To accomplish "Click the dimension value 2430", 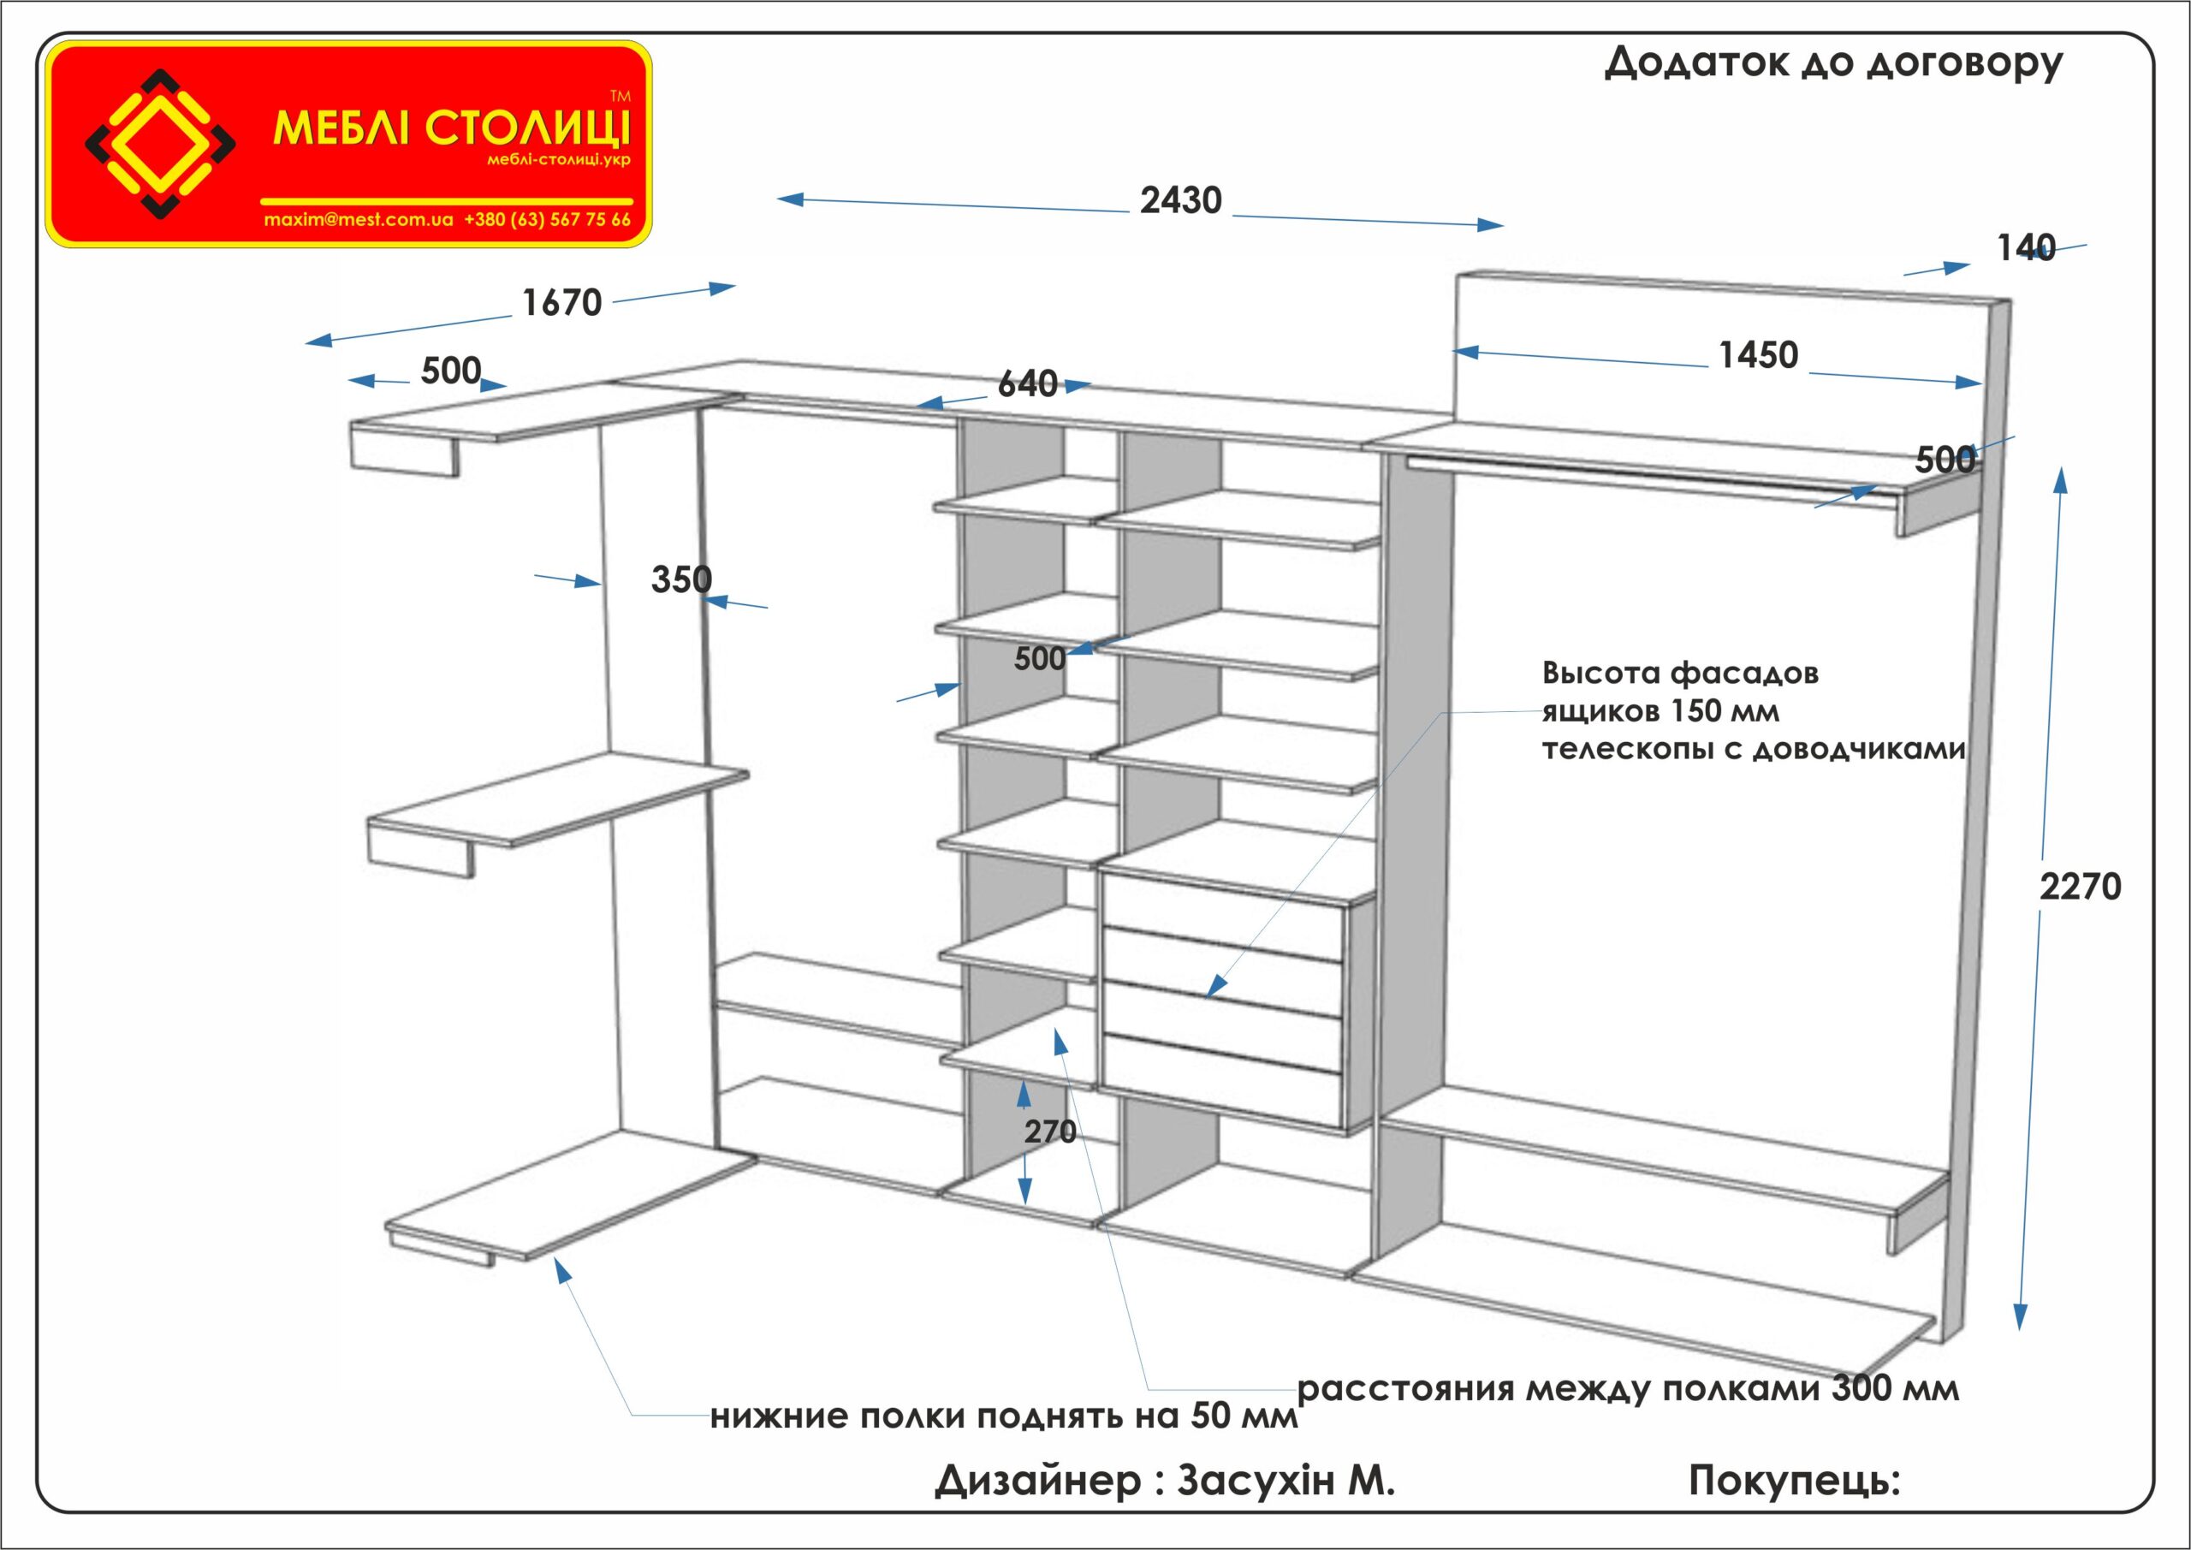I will coord(1180,200).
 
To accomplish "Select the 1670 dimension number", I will coord(562,304).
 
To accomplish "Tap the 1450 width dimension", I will coord(1758,355).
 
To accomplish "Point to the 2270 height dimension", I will coord(2081,887).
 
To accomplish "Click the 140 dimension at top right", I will coord(2026,249).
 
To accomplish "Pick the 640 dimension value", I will coord(1027,383).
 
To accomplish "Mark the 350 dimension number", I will coord(680,579).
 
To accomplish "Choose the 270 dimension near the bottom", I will coord(1049,1132).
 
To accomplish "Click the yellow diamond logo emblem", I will coord(160,144).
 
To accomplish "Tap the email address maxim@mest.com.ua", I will coord(359,219).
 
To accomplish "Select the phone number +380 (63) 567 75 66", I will coord(547,219).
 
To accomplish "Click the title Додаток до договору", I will coord(1833,63).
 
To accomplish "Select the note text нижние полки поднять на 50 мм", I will coord(1004,1416).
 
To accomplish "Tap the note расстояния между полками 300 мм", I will coord(1628,1389).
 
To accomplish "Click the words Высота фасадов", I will coord(1680,673).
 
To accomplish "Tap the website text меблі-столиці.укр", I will coord(558,159).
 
